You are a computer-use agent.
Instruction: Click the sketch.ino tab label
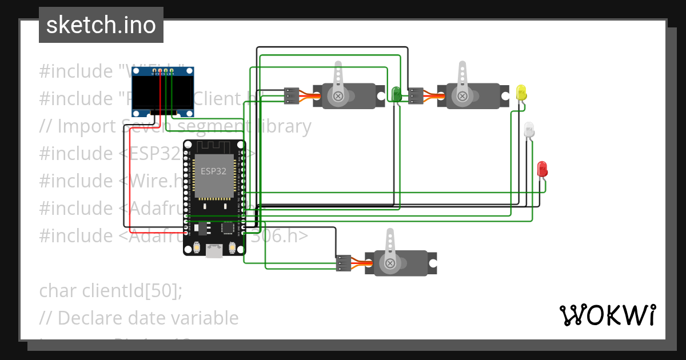(101, 25)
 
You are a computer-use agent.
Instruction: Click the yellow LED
(521, 92)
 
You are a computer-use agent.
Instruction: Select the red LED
(542, 169)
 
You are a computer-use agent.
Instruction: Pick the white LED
(529, 129)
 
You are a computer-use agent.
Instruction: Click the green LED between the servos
(395, 94)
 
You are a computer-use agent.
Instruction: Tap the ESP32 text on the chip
(213, 171)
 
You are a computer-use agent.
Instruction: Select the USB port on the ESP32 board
(214, 250)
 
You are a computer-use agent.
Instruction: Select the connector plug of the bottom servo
(344, 263)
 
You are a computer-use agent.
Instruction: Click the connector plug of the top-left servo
(292, 95)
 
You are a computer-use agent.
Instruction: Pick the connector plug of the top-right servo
(416, 95)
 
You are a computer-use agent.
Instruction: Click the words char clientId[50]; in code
(111, 290)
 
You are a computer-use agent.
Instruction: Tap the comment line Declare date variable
(139, 318)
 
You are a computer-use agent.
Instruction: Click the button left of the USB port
(197, 248)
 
